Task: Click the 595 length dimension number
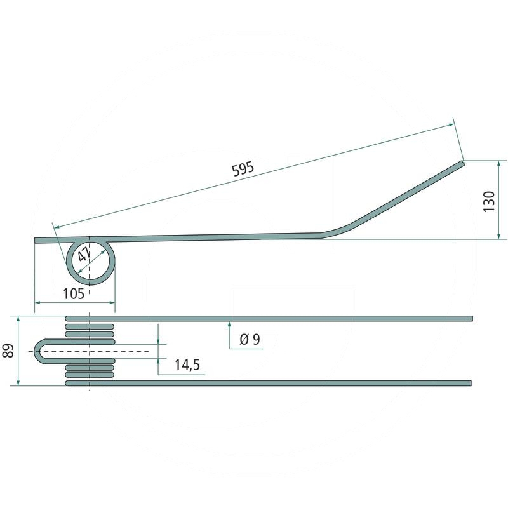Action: tap(243, 169)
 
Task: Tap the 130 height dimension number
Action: tap(489, 201)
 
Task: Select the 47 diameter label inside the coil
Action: tap(84, 255)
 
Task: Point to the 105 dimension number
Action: tap(74, 294)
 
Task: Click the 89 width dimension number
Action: tap(8, 351)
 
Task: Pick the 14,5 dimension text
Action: tap(187, 364)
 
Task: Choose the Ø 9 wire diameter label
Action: tap(250, 339)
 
